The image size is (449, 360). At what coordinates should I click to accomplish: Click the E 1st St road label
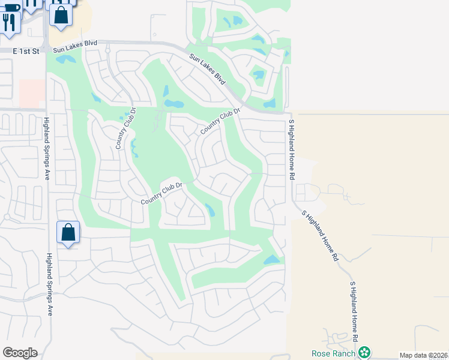(26, 52)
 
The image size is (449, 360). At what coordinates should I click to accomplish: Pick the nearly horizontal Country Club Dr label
(161, 194)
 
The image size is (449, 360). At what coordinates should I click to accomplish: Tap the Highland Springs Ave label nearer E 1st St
(46, 148)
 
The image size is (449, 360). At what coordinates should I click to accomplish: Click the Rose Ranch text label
(333, 353)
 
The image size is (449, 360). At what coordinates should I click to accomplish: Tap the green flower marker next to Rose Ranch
(364, 352)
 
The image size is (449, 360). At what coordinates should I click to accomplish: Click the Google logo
(20, 353)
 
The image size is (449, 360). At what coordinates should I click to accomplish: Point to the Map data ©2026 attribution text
(424, 355)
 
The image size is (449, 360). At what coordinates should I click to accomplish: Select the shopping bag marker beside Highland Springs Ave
(68, 232)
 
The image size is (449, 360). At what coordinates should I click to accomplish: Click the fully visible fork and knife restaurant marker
(10, 22)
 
